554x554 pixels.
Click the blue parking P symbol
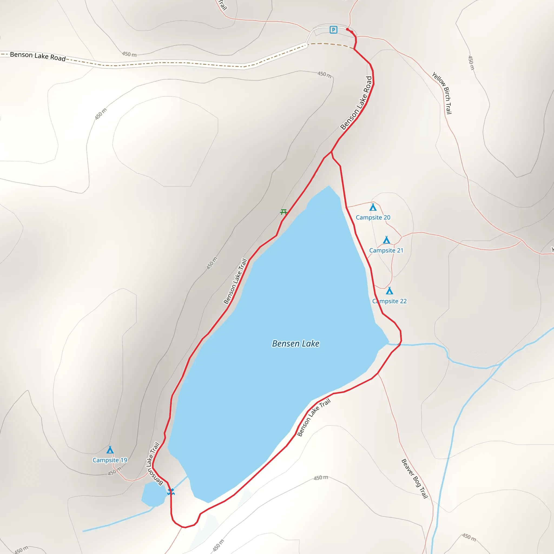pos(333,29)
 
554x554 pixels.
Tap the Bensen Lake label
pos(296,343)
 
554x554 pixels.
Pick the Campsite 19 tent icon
pos(110,450)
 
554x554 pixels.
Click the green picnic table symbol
pos(283,212)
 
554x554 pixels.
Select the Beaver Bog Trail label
pos(414,479)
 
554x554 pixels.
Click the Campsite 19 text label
pos(110,460)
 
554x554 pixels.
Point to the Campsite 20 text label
pos(373,217)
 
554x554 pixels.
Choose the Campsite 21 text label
pos(386,250)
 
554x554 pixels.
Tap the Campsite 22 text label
pos(390,301)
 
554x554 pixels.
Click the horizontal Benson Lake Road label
pos(38,56)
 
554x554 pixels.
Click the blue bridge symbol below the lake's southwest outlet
pos(171,492)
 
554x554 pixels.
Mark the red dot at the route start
pos(347,29)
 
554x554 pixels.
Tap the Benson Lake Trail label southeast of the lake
pos(314,417)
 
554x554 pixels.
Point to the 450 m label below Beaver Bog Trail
pos(469,537)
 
